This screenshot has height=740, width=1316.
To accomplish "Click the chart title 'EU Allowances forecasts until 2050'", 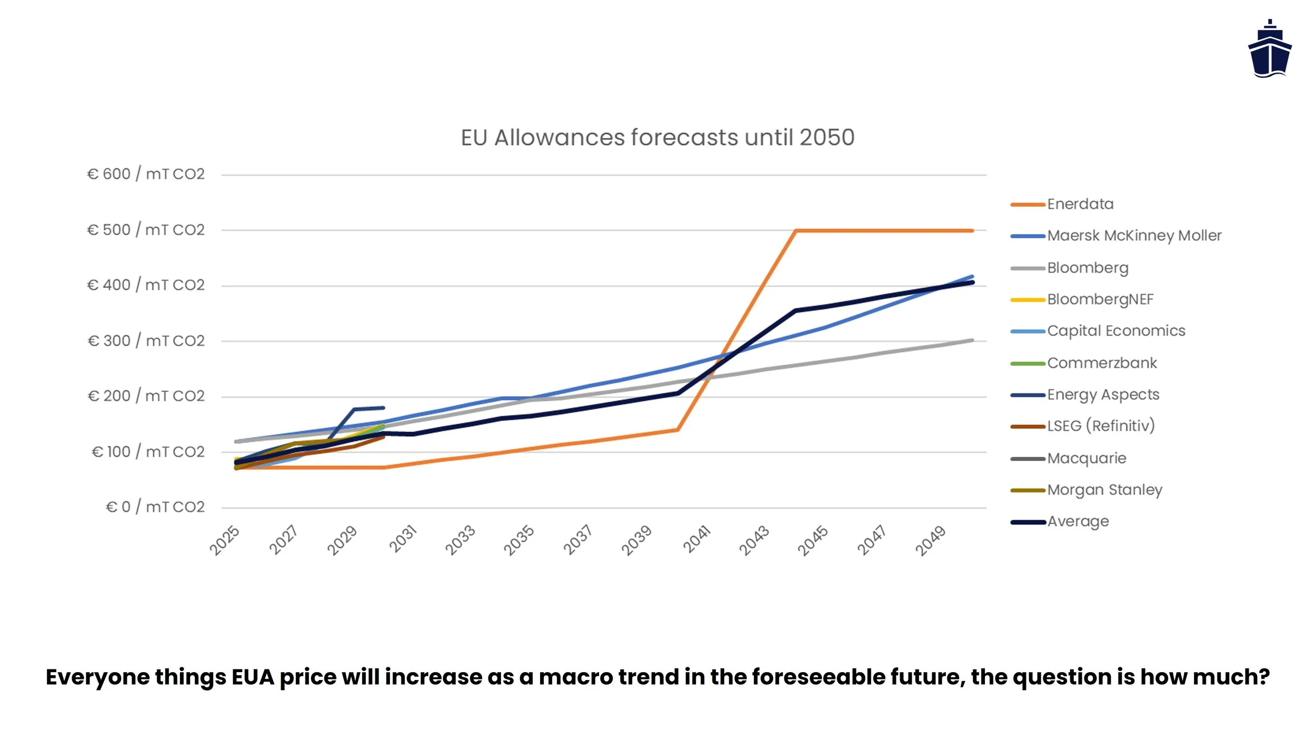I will [x=657, y=137].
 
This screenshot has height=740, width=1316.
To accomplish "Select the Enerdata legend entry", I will [x=1080, y=204].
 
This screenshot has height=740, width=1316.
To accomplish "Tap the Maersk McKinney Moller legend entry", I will [x=1134, y=236].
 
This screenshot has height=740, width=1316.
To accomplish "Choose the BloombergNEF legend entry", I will [x=1100, y=299].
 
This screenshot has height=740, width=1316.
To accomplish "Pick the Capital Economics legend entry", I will [x=1116, y=331].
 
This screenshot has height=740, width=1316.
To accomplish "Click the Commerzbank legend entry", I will [x=1102, y=363].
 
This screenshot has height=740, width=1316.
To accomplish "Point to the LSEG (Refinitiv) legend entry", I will [x=1101, y=426].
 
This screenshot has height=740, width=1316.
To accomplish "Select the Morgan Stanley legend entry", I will [x=1104, y=490].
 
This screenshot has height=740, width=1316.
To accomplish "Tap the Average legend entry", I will [x=1078, y=522].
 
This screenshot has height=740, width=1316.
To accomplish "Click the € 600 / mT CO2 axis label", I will [x=146, y=174].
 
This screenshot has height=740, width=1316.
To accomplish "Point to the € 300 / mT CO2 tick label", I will [x=146, y=341].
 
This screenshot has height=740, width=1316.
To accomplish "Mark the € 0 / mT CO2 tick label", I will [x=155, y=507].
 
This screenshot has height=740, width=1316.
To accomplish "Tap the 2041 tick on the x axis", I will [x=697, y=539].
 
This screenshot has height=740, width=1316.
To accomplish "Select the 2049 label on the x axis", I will [x=931, y=541].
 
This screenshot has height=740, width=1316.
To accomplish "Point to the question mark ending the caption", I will [x=1264, y=677].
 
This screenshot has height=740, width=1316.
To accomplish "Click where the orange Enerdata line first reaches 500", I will [x=795, y=231].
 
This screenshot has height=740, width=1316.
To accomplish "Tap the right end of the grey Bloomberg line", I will [x=972, y=341].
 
